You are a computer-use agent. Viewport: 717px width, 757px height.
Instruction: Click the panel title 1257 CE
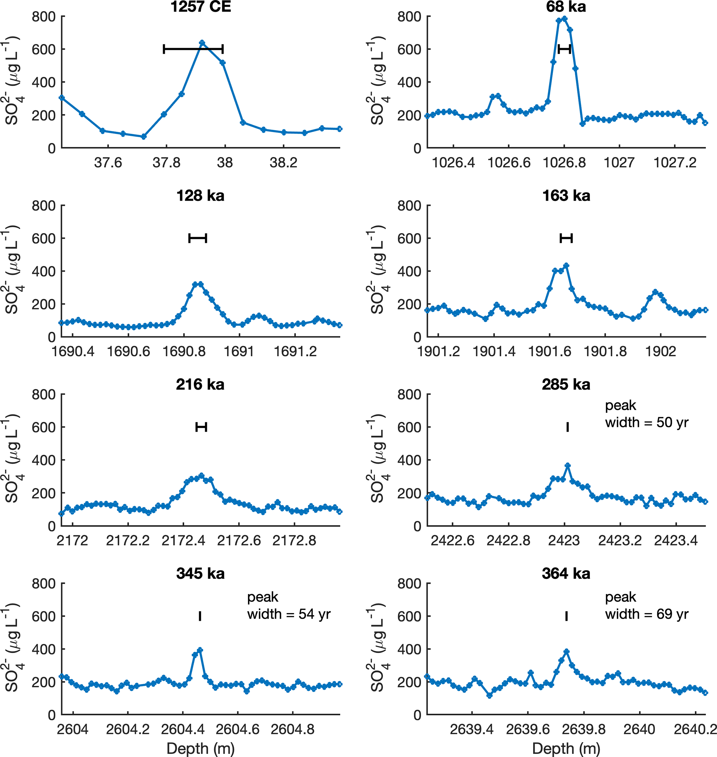200,7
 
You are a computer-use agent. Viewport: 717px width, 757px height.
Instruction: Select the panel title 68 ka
566,7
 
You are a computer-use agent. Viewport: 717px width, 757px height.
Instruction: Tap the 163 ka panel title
566,196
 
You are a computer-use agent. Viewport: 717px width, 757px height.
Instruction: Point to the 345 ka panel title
200,574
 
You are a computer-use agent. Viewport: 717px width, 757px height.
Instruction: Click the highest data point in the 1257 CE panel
202,43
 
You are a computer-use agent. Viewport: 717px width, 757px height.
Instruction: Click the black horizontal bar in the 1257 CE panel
193,49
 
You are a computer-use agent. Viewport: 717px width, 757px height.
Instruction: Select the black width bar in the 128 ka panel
198,238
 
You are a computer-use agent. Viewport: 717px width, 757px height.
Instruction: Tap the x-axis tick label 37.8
166,163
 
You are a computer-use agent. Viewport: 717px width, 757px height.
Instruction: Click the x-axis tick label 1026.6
509,163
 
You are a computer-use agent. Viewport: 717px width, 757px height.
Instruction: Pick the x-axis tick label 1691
239,351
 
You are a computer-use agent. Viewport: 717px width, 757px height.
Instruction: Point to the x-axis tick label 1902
660,351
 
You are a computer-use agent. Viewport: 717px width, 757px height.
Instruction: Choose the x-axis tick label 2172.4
183,541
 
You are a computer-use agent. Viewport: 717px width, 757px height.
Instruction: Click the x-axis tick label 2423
564,541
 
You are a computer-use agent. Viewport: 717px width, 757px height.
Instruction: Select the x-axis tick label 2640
639,730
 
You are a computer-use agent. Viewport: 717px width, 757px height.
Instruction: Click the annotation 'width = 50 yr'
647,423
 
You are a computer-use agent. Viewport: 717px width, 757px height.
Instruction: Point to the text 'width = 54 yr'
289,614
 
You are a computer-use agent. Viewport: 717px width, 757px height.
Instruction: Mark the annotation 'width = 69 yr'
647,614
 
